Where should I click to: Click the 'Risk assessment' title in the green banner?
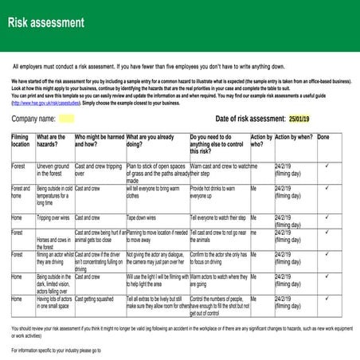(x=45, y=22)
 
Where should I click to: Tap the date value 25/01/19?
(x=300, y=119)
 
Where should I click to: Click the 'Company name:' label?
(x=33, y=119)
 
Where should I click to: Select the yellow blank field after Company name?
(x=66, y=119)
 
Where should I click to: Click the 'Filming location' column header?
(x=20, y=141)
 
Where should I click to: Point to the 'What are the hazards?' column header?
(x=52, y=141)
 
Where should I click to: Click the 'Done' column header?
(x=323, y=137)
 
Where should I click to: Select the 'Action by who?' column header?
(x=261, y=141)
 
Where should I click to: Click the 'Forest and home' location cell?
(x=21, y=192)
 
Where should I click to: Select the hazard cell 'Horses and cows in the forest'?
(x=55, y=240)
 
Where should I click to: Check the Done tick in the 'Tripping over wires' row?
(x=327, y=217)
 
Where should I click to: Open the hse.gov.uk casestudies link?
(x=52, y=103)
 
